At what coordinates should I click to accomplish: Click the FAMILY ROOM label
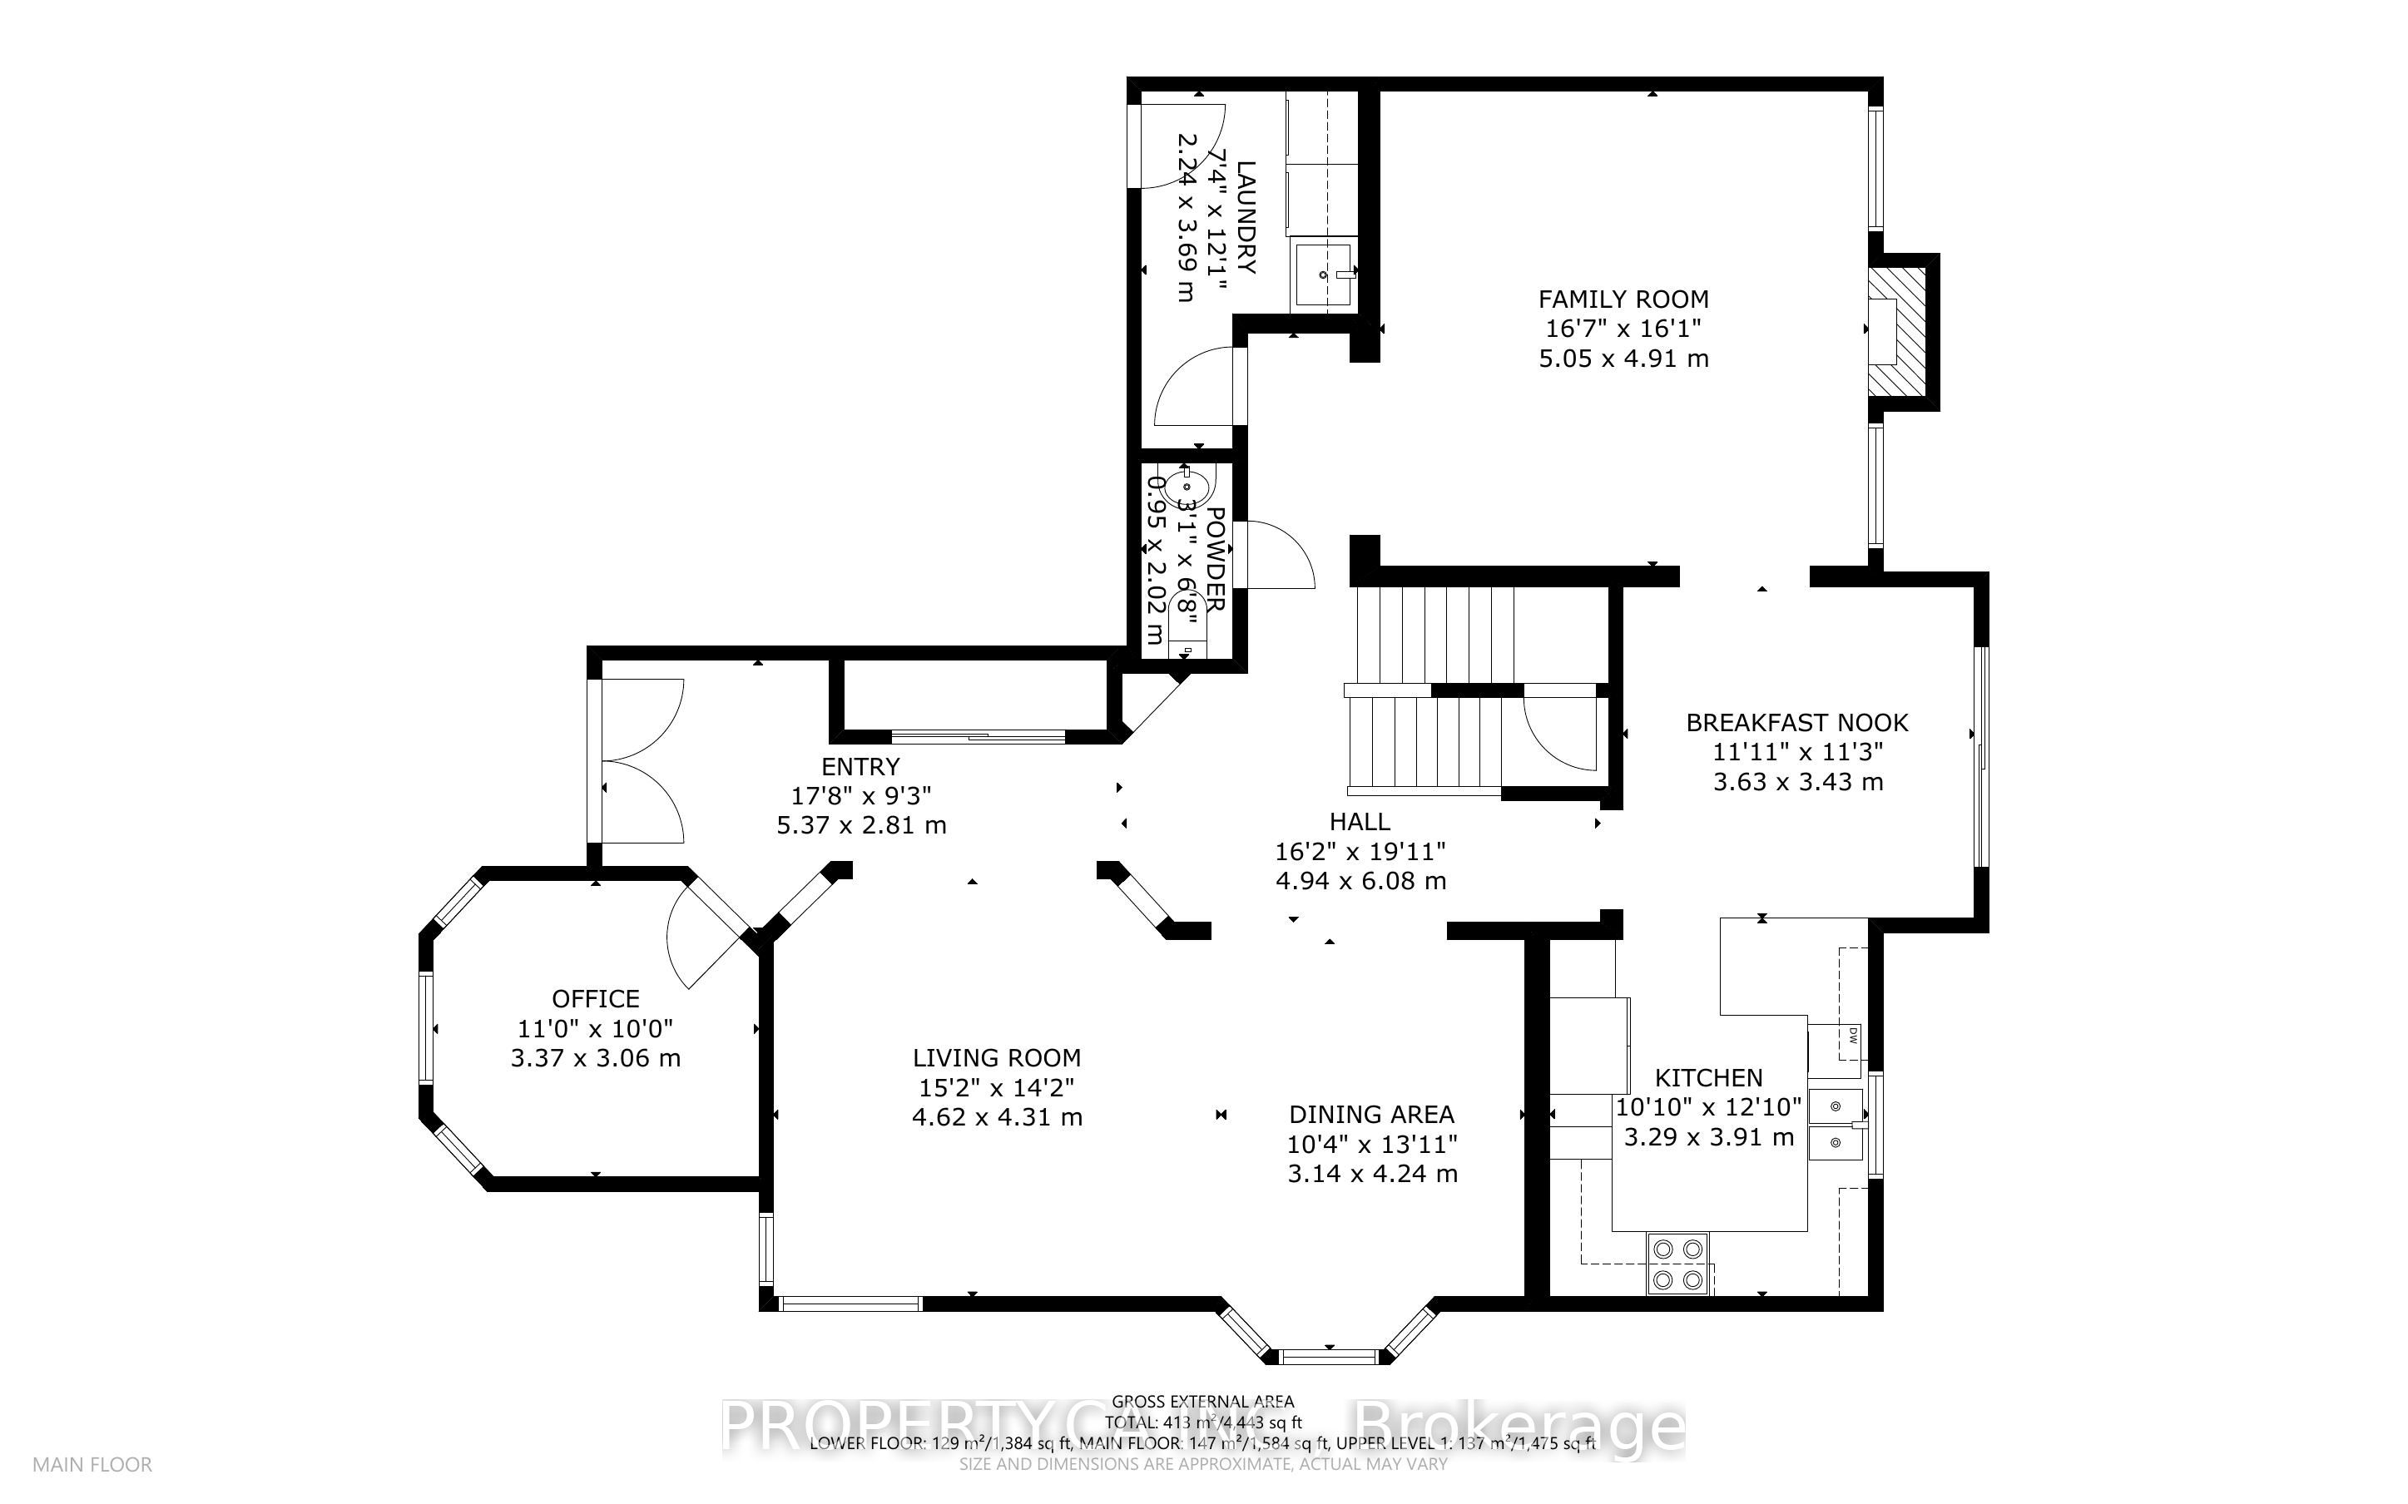pos(1623,299)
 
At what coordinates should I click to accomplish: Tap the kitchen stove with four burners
pos(1679,1264)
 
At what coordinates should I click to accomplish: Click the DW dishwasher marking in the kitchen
pos(1853,1036)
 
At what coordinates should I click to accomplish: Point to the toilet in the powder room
pos(1187,615)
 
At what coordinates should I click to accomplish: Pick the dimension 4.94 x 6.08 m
pos(1360,880)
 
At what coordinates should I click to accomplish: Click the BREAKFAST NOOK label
pos(1796,723)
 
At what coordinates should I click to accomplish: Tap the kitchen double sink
pos(1836,1124)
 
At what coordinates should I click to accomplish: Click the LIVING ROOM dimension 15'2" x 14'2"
pos(996,1088)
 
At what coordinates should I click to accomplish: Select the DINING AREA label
pos(1370,1115)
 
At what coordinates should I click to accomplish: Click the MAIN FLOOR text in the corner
pos(92,1464)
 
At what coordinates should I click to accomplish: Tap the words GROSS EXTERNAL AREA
pos(1202,1403)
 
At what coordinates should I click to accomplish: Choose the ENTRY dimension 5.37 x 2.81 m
pos(860,824)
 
